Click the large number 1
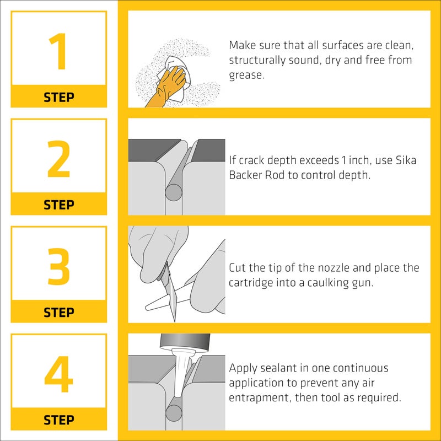[x=58, y=52]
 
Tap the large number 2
[x=58, y=159]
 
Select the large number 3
[x=58, y=267]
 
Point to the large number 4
[x=58, y=374]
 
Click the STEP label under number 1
[x=58, y=97]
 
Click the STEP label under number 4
[x=58, y=420]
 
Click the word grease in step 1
[x=246, y=75]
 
